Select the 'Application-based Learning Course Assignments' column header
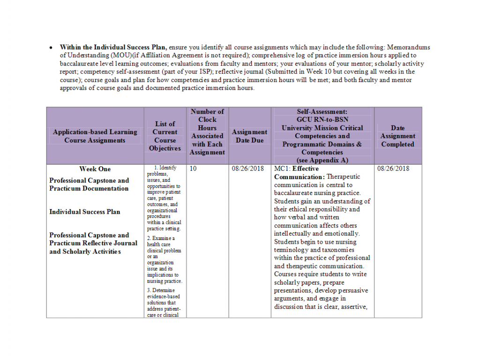pyautogui.click(x=95, y=136)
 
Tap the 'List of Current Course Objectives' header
pyautogui.click(x=165, y=136)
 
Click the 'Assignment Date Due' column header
pyautogui.click(x=249, y=136)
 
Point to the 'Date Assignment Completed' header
pyautogui.click(x=397, y=136)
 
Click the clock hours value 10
pyautogui.click(x=193, y=169)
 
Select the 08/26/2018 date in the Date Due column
pyautogui.click(x=248, y=169)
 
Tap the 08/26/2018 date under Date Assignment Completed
pyautogui.click(x=393, y=169)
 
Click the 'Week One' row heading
pyautogui.click(x=95, y=169)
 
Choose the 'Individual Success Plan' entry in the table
pyautogui.click(x=84, y=212)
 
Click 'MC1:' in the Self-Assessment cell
pyautogui.click(x=282, y=169)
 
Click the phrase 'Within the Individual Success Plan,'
pyautogui.click(x=113, y=47)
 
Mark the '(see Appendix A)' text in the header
pyautogui.click(x=322, y=160)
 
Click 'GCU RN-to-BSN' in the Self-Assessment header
pyautogui.click(x=322, y=120)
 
